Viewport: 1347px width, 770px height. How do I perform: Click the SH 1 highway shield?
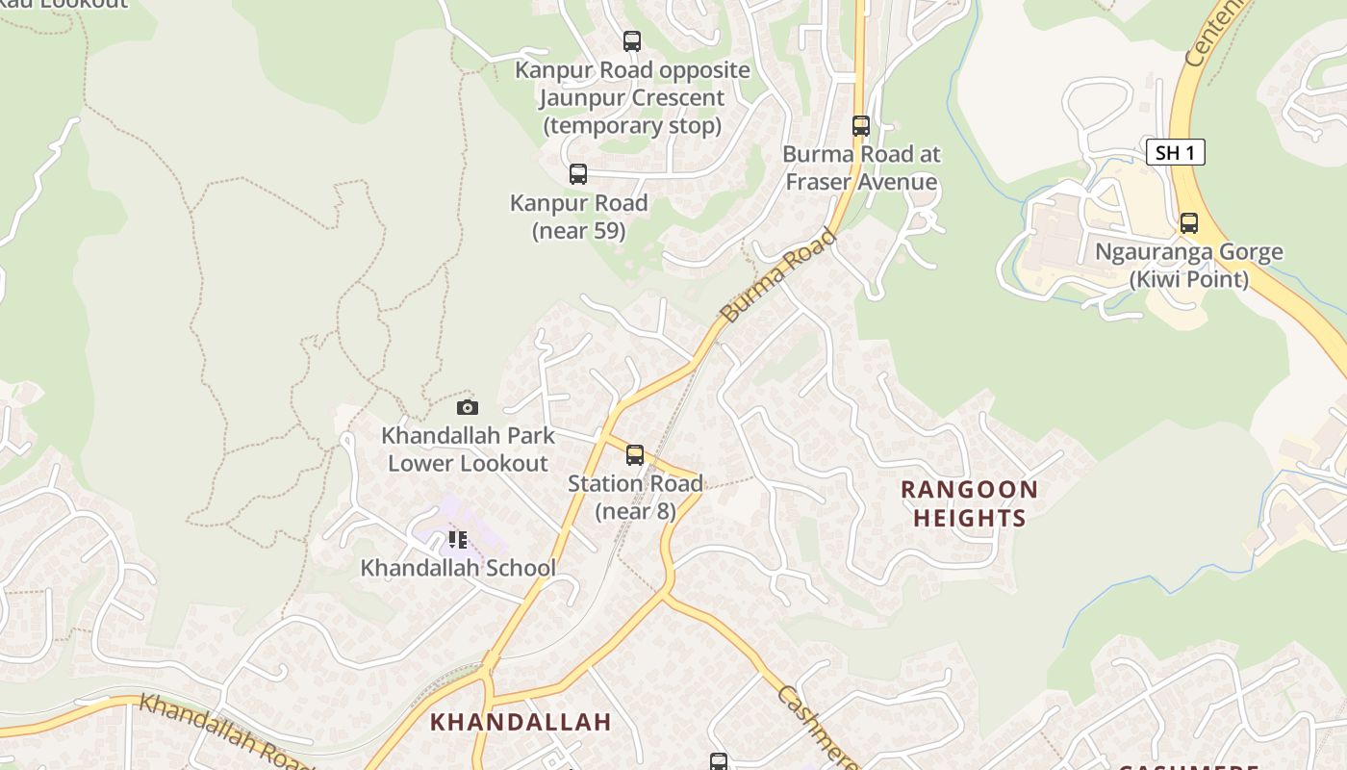tap(1175, 152)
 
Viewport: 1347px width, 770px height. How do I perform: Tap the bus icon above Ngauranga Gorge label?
tap(1189, 223)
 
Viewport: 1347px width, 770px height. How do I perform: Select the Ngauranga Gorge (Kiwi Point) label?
tap(1189, 266)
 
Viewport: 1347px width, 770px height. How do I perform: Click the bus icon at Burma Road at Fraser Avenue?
tap(861, 126)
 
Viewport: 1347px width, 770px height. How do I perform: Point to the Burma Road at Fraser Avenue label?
tap(861, 167)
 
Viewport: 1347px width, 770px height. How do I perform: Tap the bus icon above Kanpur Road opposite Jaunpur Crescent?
tap(632, 41)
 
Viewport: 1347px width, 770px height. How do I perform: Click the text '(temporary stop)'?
tap(632, 126)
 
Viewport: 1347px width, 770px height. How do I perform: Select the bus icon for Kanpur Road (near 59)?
tap(578, 174)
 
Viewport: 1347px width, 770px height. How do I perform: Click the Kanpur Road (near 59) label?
tap(578, 217)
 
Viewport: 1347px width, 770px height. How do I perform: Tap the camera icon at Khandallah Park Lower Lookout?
tap(468, 407)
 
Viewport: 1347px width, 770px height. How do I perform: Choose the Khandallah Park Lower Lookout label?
tap(468, 449)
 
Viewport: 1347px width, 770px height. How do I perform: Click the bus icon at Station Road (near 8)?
tap(635, 455)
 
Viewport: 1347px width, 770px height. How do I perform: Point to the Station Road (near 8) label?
tap(635, 497)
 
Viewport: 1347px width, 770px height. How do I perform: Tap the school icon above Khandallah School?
tap(458, 540)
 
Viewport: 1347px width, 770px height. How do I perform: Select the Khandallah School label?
tap(458, 568)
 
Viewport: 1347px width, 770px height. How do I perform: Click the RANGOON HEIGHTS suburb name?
tap(969, 503)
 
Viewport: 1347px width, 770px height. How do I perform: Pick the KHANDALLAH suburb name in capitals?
tap(521, 722)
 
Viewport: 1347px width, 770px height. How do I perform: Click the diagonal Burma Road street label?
tap(778, 275)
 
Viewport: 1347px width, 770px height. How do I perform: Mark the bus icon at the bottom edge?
tap(719, 761)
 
